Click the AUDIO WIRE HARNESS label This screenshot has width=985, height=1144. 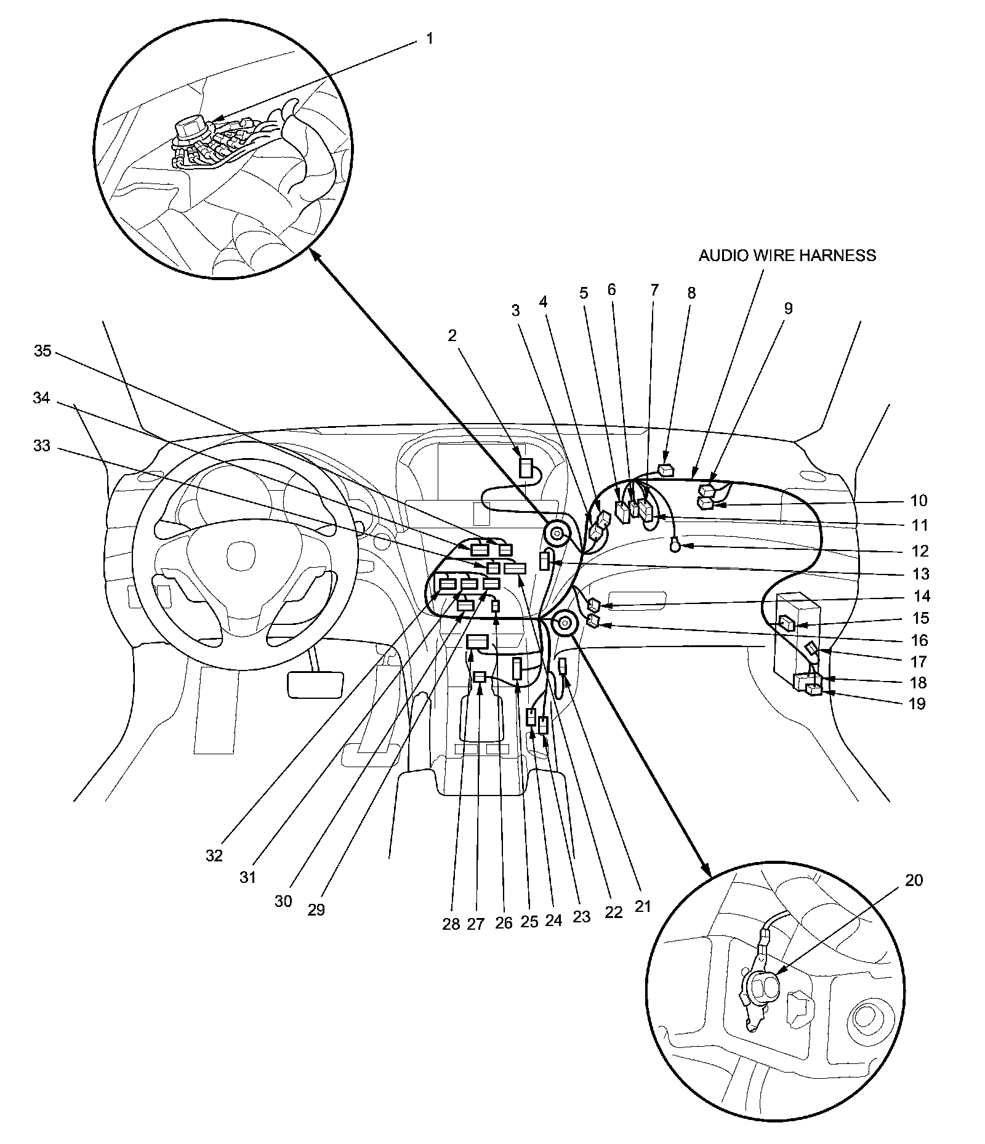point(787,256)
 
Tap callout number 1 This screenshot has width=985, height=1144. point(429,39)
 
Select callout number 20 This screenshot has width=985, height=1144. point(914,880)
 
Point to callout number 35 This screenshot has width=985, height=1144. point(42,352)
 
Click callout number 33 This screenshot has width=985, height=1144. point(41,445)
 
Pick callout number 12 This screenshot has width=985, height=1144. point(920,550)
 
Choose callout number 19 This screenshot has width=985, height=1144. point(917,703)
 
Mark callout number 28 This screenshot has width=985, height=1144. point(451,924)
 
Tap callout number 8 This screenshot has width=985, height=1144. point(691,293)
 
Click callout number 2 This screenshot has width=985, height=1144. point(452,336)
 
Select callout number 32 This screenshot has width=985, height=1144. point(214,855)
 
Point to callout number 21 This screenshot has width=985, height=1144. point(643,906)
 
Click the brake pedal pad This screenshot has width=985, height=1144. point(315,684)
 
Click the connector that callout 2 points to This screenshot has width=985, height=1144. point(526,468)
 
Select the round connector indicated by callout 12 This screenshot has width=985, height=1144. point(676,544)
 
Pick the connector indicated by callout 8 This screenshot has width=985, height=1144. point(667,471)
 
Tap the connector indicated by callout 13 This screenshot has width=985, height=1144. point(544,561)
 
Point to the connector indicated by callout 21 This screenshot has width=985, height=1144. point(562,667)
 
